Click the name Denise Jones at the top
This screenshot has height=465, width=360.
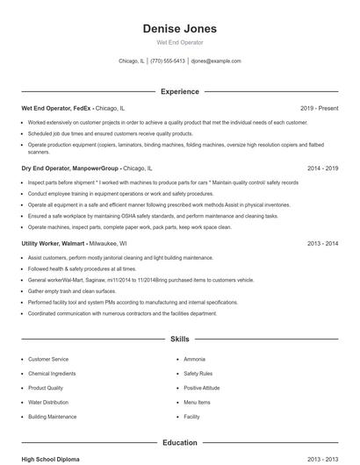[179, 29]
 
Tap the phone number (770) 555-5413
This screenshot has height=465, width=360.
[168, 61]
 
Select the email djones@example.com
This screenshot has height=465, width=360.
[216, 61]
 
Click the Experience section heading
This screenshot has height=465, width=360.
[179, 91]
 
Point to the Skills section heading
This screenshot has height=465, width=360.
[179, 338]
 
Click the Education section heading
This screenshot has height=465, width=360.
[179, 443]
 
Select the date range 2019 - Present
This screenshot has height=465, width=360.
[319, 108]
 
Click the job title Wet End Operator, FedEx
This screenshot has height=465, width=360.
[55, 108]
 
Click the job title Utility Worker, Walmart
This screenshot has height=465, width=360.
[54, 243]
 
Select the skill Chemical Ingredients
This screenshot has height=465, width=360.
[52, 374]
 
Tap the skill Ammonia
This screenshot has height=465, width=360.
[194, 360]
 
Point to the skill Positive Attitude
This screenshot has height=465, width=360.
[202, 388]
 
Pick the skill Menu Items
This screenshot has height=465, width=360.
[197, 402]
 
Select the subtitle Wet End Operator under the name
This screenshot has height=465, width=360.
[179, 42]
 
